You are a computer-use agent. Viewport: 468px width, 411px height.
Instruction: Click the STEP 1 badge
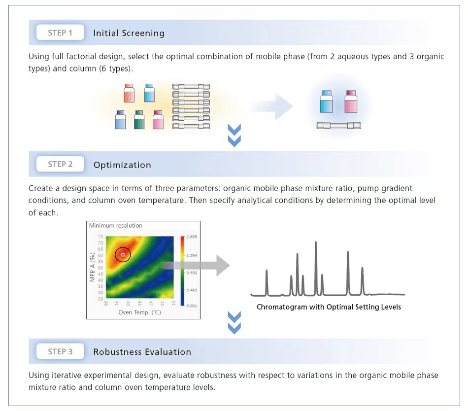(x=60, y=33)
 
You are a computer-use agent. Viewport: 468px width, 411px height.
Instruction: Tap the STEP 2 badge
(x=60, y=165)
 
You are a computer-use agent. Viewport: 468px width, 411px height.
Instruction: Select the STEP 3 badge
(x=60, y=351)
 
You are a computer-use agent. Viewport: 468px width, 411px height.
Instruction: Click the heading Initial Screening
(x=129, y=34)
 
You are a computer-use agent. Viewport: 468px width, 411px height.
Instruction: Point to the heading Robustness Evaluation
(x=142, y=352)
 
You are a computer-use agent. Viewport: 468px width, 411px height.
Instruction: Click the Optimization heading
(x=122, y=165)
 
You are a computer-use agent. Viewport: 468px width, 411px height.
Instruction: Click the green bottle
(x=139, y=120)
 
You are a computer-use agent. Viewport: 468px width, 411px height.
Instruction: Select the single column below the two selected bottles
(x=338, y=126)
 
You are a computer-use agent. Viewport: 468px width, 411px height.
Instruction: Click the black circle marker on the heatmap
(x=123, y=254)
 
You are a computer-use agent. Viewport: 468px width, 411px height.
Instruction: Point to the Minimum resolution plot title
(x=116, y=226)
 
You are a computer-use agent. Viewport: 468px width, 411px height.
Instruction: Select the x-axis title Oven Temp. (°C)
(x=140, y=312)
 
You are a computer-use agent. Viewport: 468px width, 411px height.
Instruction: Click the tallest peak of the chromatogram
(x=316, y=243)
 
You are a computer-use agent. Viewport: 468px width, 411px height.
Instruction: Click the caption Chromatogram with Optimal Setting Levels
(x=329, y=307)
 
